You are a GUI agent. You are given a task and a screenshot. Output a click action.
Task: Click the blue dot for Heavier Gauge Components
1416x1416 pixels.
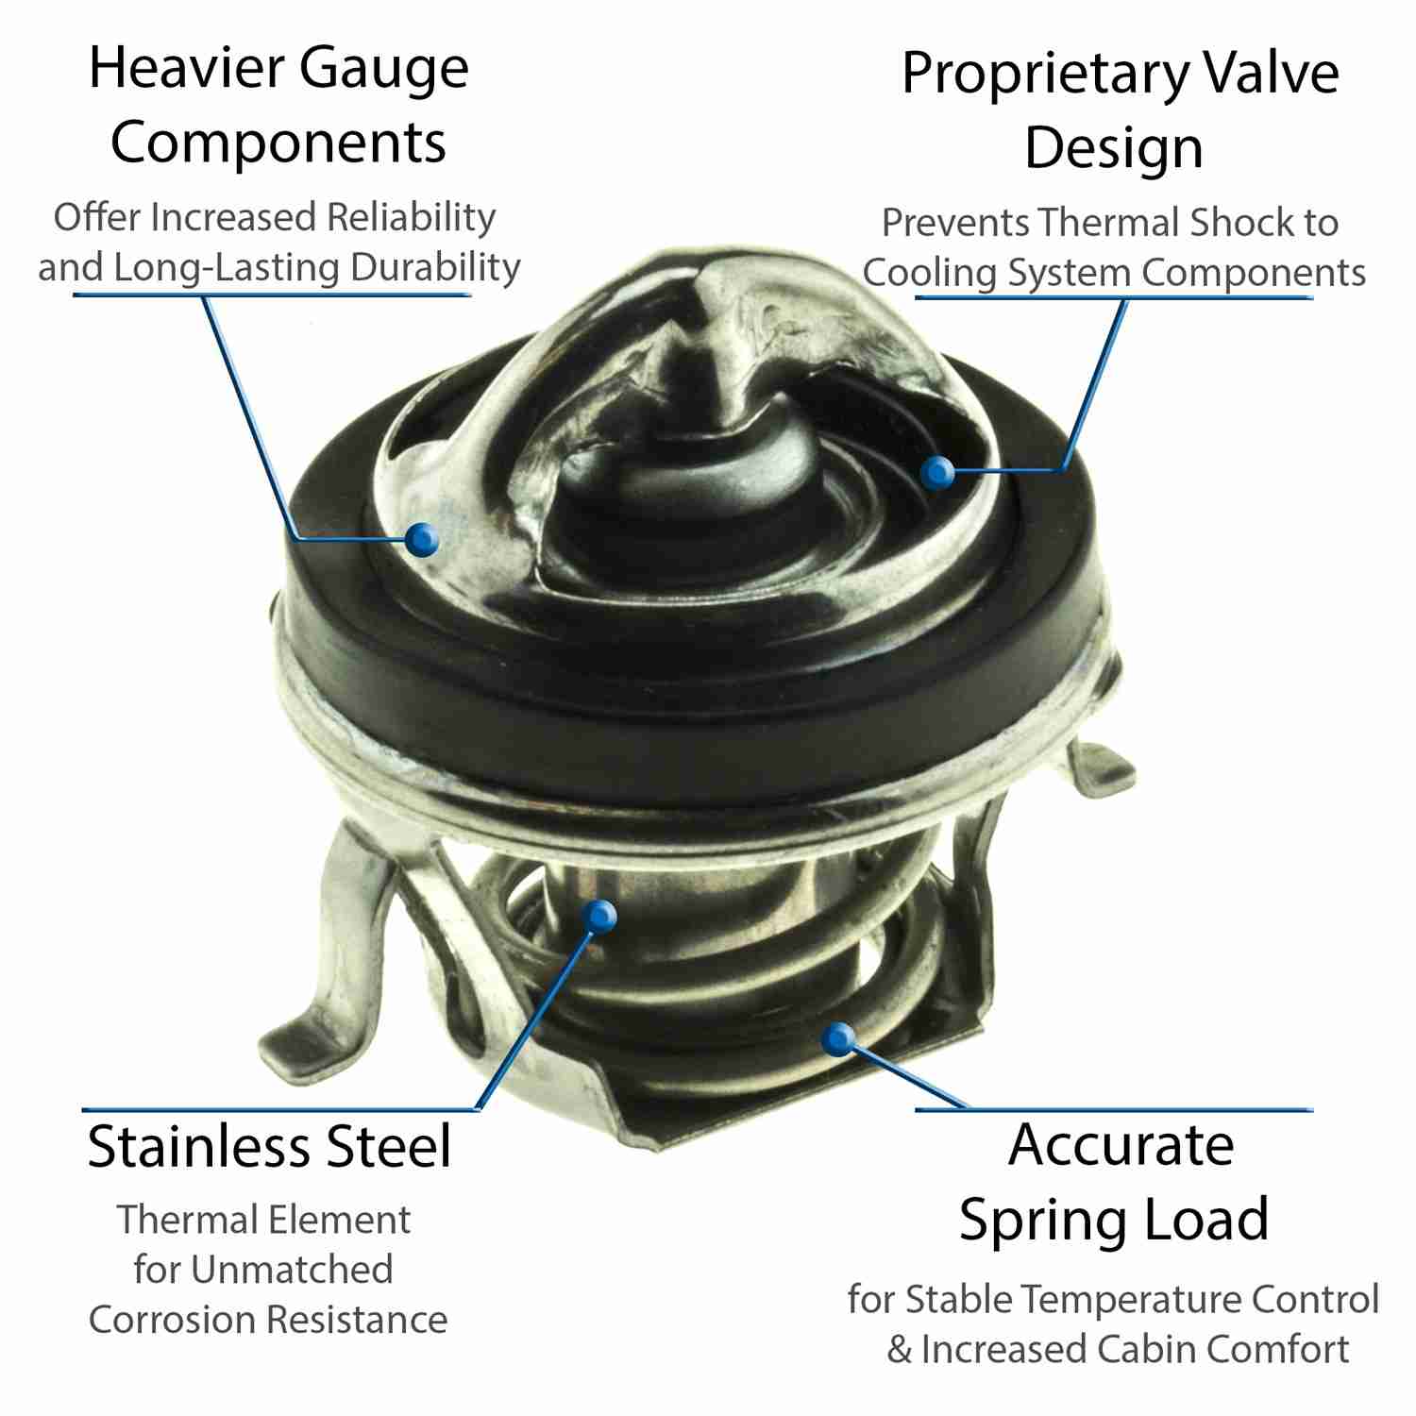pos(423,539)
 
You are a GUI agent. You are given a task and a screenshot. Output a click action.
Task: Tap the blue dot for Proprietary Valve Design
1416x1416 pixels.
pos(937,472)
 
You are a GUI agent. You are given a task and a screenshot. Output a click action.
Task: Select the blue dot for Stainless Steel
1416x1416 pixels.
pos(599,914)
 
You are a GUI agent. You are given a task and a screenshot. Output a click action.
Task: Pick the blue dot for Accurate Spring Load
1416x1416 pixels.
pos(836,1039)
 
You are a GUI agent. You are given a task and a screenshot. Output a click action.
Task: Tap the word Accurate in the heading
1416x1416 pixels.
pos(1121,1145)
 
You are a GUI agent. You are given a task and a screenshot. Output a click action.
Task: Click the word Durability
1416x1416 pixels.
pos(434,268)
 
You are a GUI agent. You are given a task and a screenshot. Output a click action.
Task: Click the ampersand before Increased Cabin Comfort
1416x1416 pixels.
pos(899,1350)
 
